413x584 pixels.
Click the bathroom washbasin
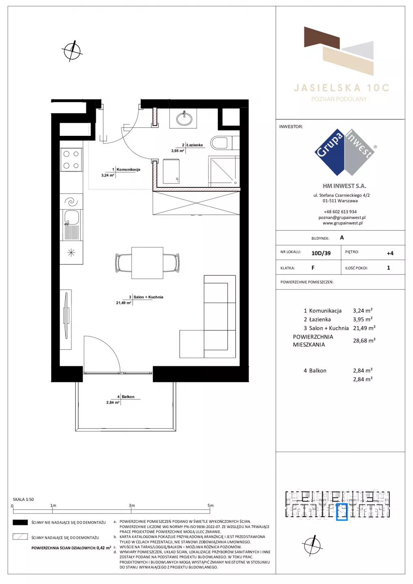[x=184, y=119]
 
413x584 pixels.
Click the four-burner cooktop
[x=71, y=160]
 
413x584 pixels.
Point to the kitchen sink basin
[x=72, y=218]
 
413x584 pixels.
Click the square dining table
[x=147, y=263]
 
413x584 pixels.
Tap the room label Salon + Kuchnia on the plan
[x=148, y=297]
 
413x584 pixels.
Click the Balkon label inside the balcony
[x=128, y=397]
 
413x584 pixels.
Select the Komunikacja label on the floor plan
[x=128, y=170]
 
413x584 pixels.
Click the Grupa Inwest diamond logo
[x=345, y=152]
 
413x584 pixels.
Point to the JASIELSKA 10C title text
[x=342, y=88]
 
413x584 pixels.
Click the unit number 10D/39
[x=321, y=253]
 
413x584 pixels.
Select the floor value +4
[x=390, y=253]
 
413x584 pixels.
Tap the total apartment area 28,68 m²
[x=364, y=341]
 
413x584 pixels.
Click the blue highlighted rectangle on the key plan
[x=342, y=512]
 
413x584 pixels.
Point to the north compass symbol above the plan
[x=72, y=51]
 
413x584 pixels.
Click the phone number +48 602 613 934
[x=340, y=212]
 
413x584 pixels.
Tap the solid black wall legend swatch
[x=20, y=522]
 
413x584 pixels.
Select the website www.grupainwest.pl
[x=342, y=223]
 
